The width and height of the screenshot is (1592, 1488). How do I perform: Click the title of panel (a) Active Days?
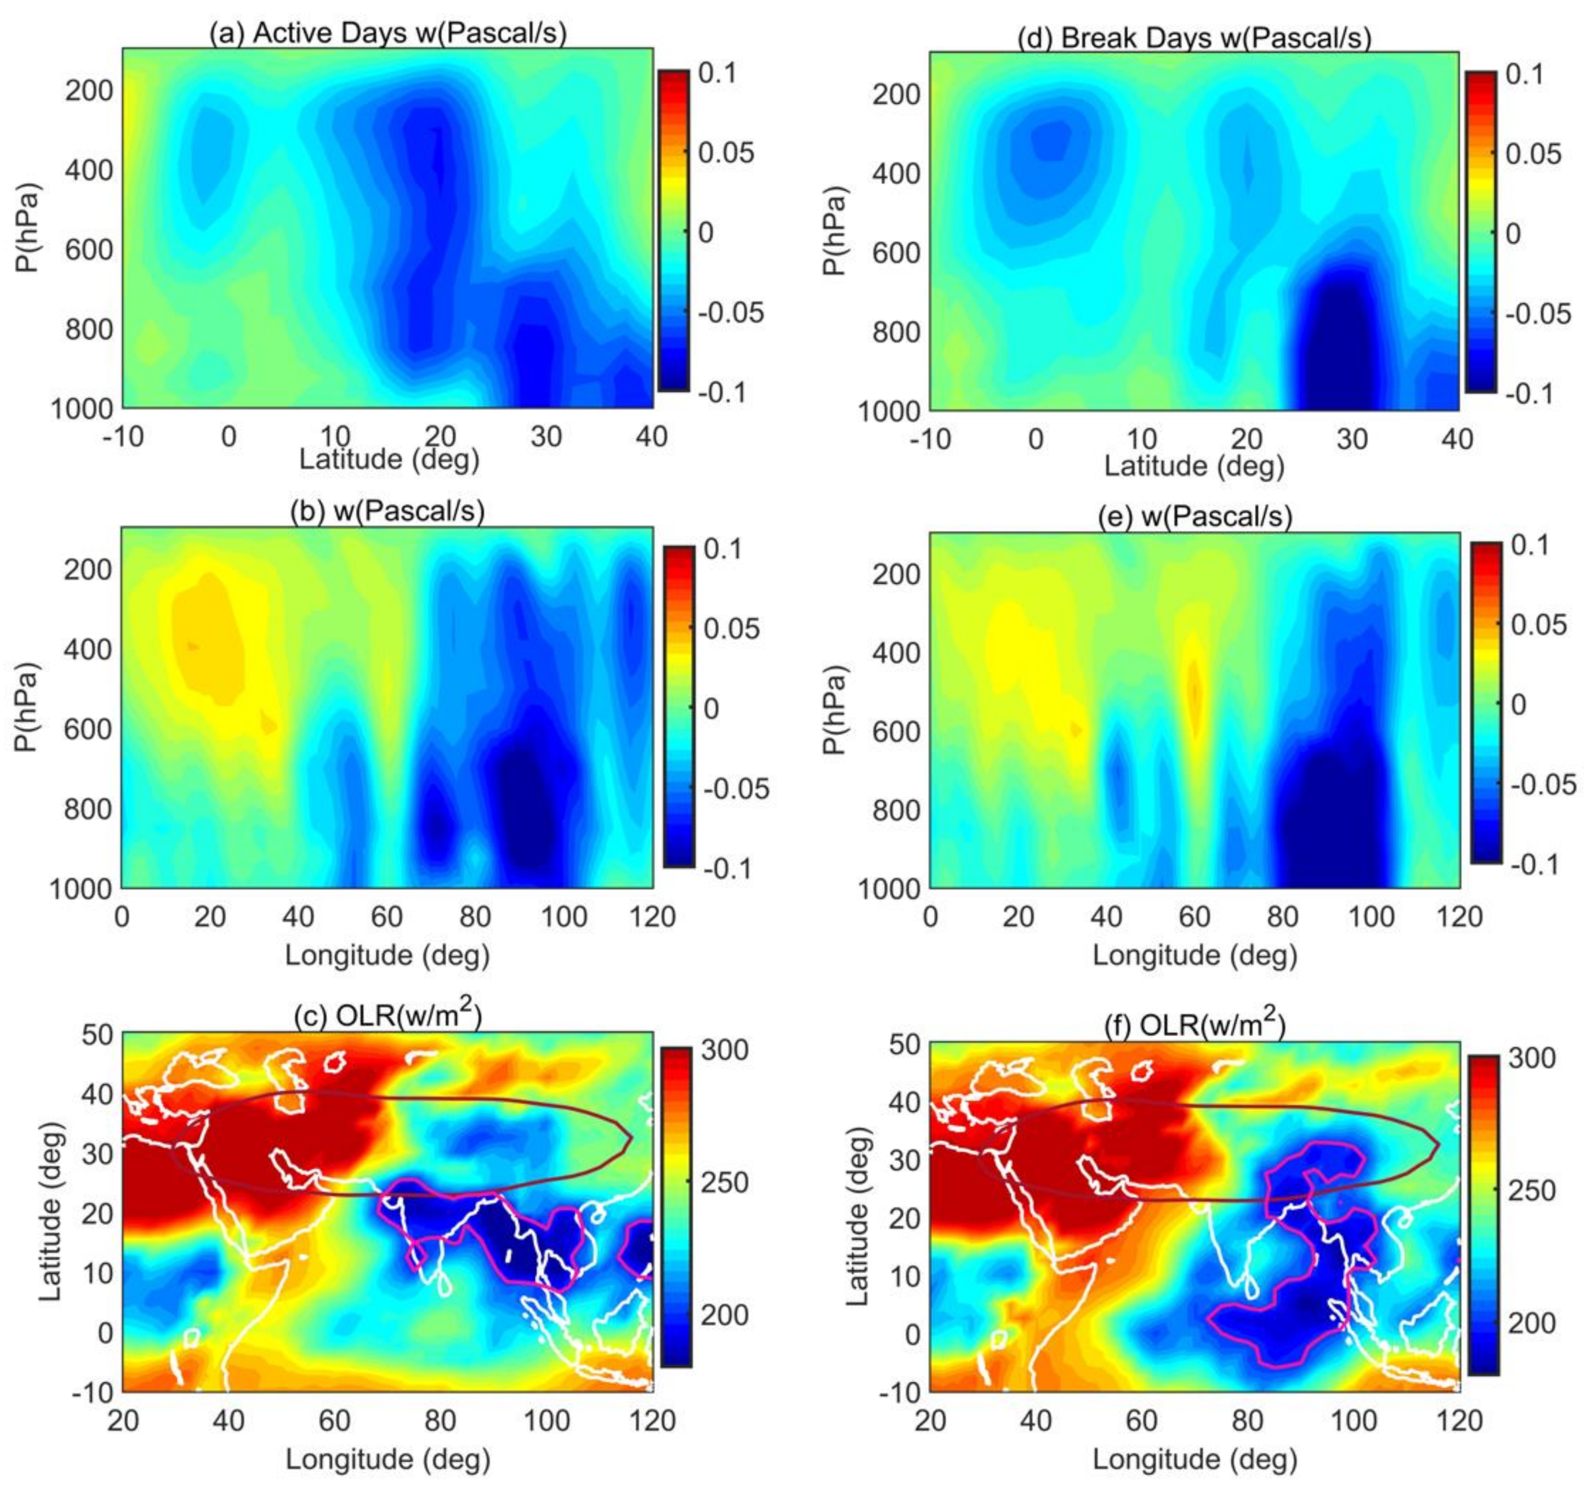pyautogui.click(x=387, y=33)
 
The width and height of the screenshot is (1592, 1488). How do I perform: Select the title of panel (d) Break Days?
pyautogui.click(x=1194, y=38)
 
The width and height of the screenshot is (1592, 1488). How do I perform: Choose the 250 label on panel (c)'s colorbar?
pyautogui.click(x=724, y=1182)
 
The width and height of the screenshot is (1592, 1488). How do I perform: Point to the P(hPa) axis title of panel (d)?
pyautogui.click(x=834, y=232)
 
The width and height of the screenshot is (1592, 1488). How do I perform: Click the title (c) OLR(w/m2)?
pyautogui.click(x=387, y=1016)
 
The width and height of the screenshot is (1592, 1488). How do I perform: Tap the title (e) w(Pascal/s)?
pyautogui.click(x=1194, y=517)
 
